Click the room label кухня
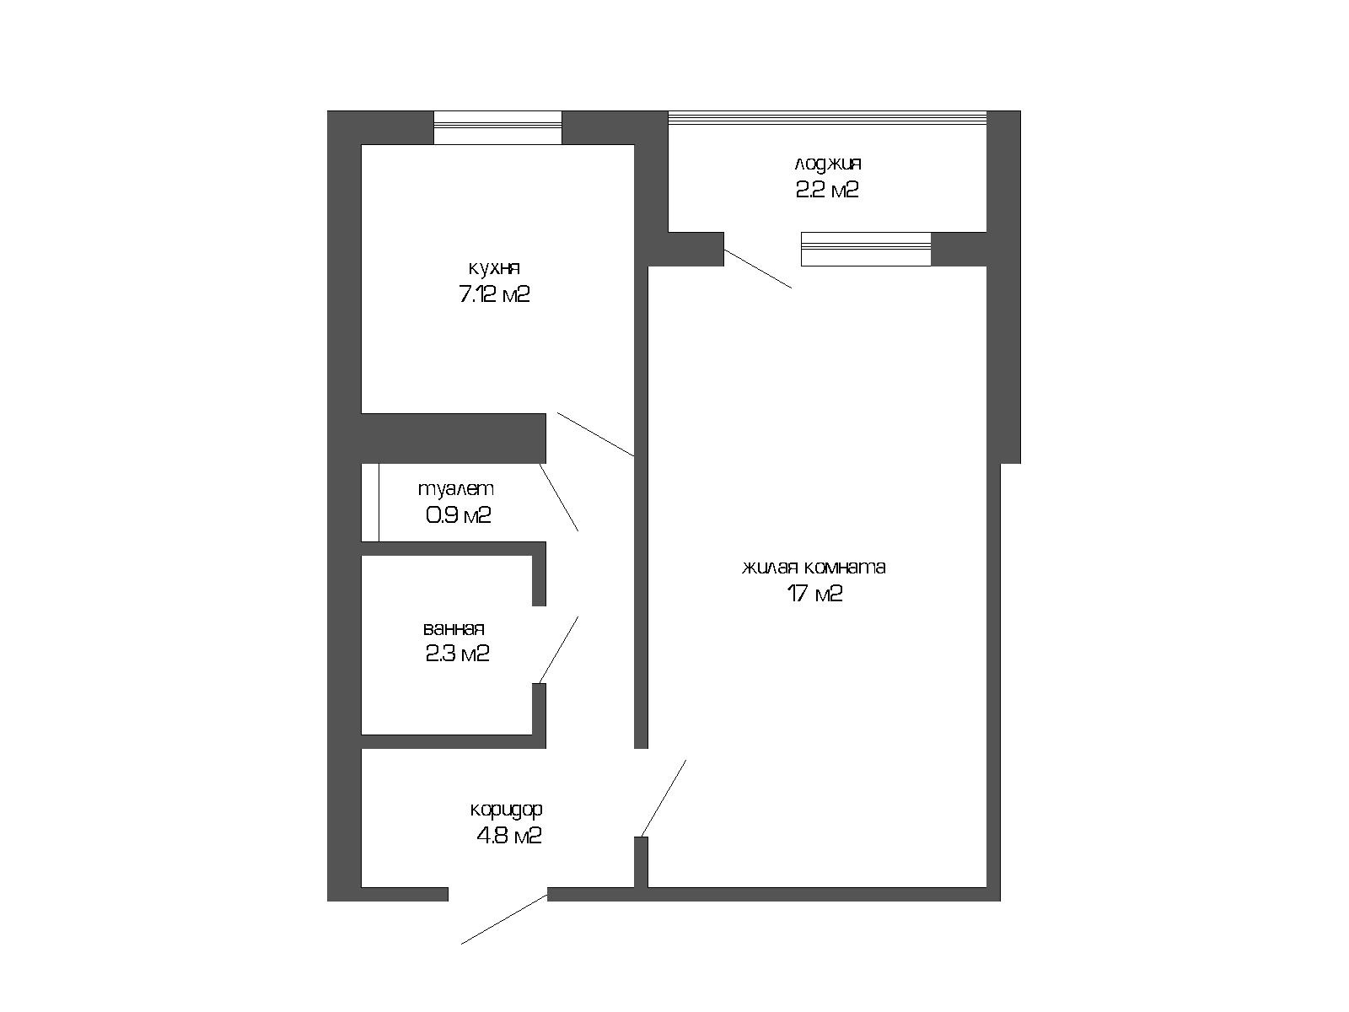click(x=494, y=268)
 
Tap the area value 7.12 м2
click(x=494, y=294)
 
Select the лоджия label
click(x=827, y=164)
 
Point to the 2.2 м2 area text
click(x=826, y=190)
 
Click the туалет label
click(x=455, y=489)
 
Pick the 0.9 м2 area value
click(x=458, y=515)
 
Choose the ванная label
click(x=454, y=628)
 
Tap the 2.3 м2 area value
click(x=457, y=653)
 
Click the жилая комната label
click(x=814, y=567)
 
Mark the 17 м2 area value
click(x=814, y=594)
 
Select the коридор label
click(x=506, y=810)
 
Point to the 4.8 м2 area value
click(x=509, y=836)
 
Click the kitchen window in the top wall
click(x=497, y=128)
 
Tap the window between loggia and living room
click(x=866, y=249)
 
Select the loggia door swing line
click(x=758, y=268)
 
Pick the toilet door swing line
click(x=559, y=497)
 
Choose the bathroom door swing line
click(x=559, y=650)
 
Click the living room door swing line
click(x=664, y=798)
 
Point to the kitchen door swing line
click(x=595, y=434)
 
